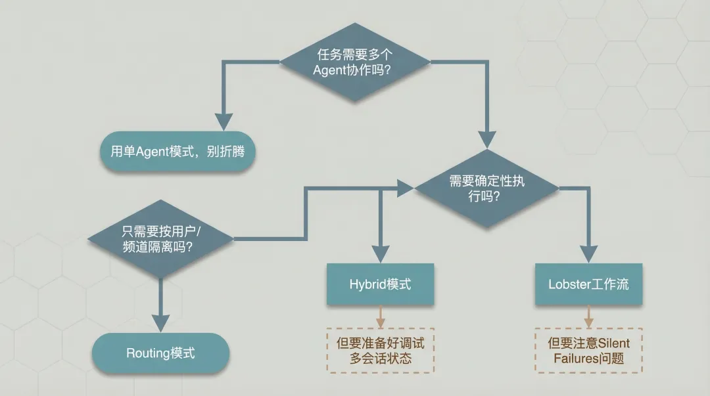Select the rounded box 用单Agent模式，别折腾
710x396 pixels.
coord(177,152)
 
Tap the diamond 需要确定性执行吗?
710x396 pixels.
coord(486,188)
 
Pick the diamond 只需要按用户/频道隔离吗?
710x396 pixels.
coord(160,239)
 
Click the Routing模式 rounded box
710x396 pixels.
coord(160,353)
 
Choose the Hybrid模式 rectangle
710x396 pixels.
coord(380,284)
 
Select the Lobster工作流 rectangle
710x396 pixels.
coord(588,284)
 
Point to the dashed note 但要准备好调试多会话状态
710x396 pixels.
coord(380,351)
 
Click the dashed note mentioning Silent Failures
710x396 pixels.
coord(588,351)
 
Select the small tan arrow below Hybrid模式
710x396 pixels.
coord(380,322)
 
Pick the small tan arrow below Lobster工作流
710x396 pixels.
coord(588,322)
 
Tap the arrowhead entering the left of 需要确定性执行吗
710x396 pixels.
coord(404,188)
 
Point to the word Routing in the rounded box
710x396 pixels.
coord(148,353)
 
